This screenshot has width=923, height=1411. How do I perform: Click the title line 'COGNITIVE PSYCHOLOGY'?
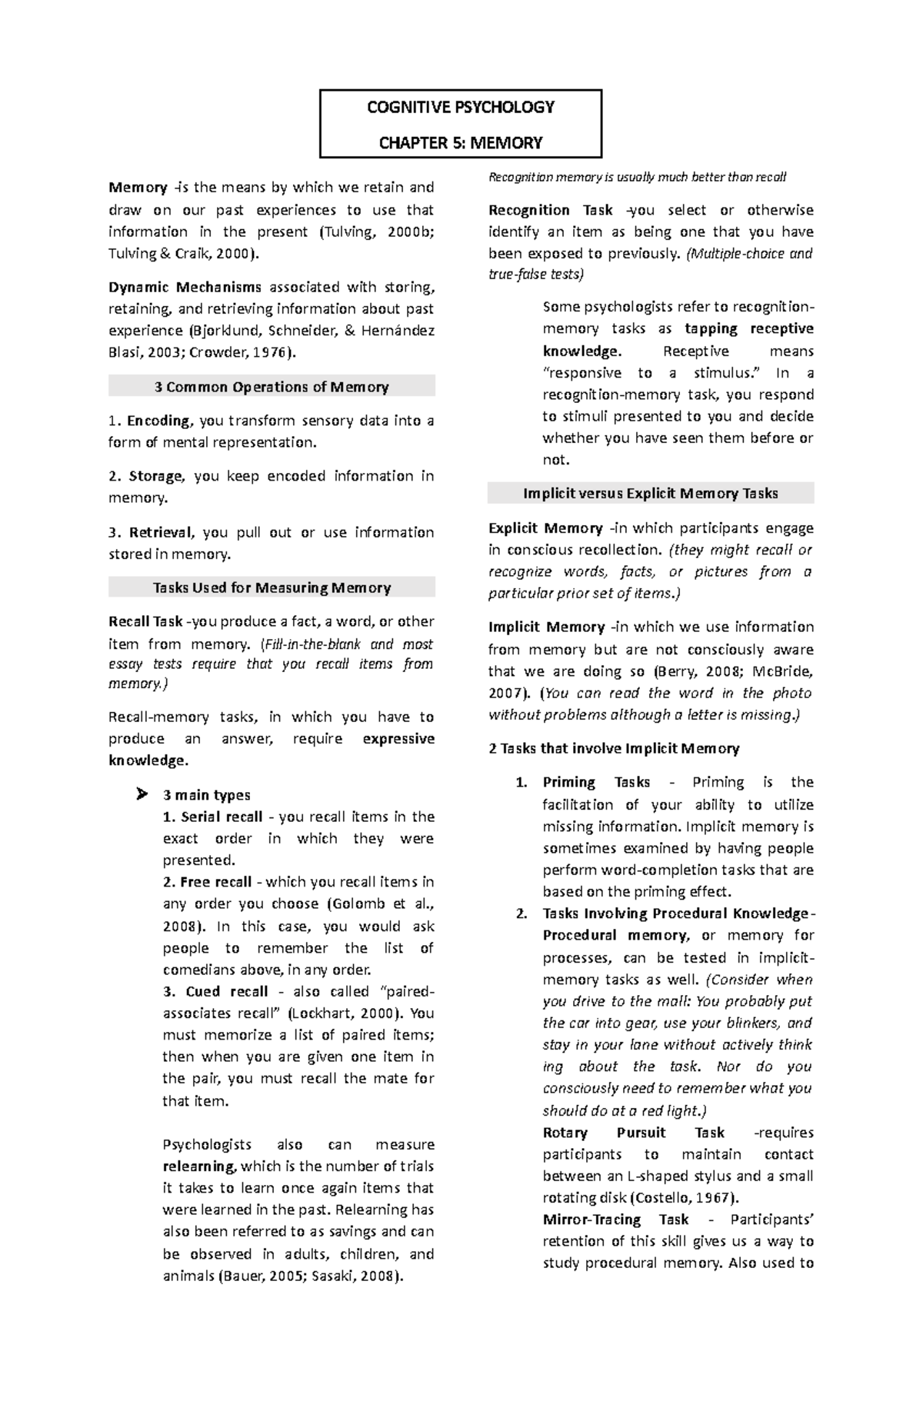pyautogui.click(x=460, y=107)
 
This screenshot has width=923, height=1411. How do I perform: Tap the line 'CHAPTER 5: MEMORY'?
pyautogui.click(x=460, y=143)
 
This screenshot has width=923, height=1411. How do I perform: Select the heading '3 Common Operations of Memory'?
pyautogui.click(x=272, y=387)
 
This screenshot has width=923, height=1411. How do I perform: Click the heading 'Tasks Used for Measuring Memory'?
pyautogui.click(x=272, y=587)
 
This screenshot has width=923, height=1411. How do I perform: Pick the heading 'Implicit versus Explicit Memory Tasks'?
pyautogui.click(x=651, y=494)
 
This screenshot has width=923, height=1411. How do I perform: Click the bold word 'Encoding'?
pyautogui.click(x=158, y=421)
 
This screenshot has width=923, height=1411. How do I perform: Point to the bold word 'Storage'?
pyautogui.click(x=156, y=476)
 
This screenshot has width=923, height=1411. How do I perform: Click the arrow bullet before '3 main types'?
pyautogui.click(x=141, y=794)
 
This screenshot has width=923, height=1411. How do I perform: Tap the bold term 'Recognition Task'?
pyautogui.click(x=551, y=210)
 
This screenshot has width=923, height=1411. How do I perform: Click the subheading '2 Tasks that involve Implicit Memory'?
pyautogui.click(x=614, y=748)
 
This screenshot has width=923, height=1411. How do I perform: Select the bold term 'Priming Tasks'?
pyautogui.click(x=596, y=782)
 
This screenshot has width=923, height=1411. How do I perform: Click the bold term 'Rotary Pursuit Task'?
pyautogui.click(x=633, y=1133)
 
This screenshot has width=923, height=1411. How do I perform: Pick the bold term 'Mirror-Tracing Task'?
pyautogui.click(x=615, y=1220)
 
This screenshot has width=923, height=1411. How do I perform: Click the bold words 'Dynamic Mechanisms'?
pyautogui.click(x=185, y=287)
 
